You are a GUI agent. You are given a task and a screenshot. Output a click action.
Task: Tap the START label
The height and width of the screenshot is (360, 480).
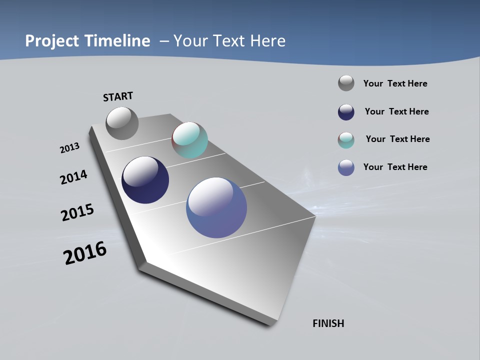pos(118,96)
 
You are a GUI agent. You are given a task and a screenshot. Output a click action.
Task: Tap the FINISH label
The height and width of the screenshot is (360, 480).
pos(328,323)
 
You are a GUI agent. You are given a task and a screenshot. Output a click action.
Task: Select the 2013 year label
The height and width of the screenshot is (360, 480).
pos(70,148)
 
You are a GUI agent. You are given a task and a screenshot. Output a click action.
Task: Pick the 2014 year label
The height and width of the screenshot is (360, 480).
pos(74,177)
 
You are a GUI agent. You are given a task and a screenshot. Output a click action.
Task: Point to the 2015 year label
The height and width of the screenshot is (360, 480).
pos(77,212)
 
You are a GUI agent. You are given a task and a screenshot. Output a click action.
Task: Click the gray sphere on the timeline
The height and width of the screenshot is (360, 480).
pos(122,123)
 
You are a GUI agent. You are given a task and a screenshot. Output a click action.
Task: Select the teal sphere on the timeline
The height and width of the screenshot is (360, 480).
pos(189,140)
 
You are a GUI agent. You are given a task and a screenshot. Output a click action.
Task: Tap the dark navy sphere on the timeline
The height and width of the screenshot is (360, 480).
pos(145,180)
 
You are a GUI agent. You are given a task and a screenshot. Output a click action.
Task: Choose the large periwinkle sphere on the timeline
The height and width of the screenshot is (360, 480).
pos(216,207)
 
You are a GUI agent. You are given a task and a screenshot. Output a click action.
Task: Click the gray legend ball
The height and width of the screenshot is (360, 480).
pos(346,83)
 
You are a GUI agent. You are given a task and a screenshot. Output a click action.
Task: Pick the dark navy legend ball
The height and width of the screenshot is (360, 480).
pos(346,112)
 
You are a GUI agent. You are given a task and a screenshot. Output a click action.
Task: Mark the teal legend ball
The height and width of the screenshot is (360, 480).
pos(346,140)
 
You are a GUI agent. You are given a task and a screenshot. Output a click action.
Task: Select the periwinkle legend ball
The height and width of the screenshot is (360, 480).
pos(346,167)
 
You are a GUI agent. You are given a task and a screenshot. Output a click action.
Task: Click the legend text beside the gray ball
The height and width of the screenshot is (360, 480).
pos(395,83)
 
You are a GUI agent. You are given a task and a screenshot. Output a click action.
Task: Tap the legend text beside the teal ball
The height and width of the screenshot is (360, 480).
pos(397,139)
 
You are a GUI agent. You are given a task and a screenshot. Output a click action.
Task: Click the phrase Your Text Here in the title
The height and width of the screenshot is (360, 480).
pos(229,41)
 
